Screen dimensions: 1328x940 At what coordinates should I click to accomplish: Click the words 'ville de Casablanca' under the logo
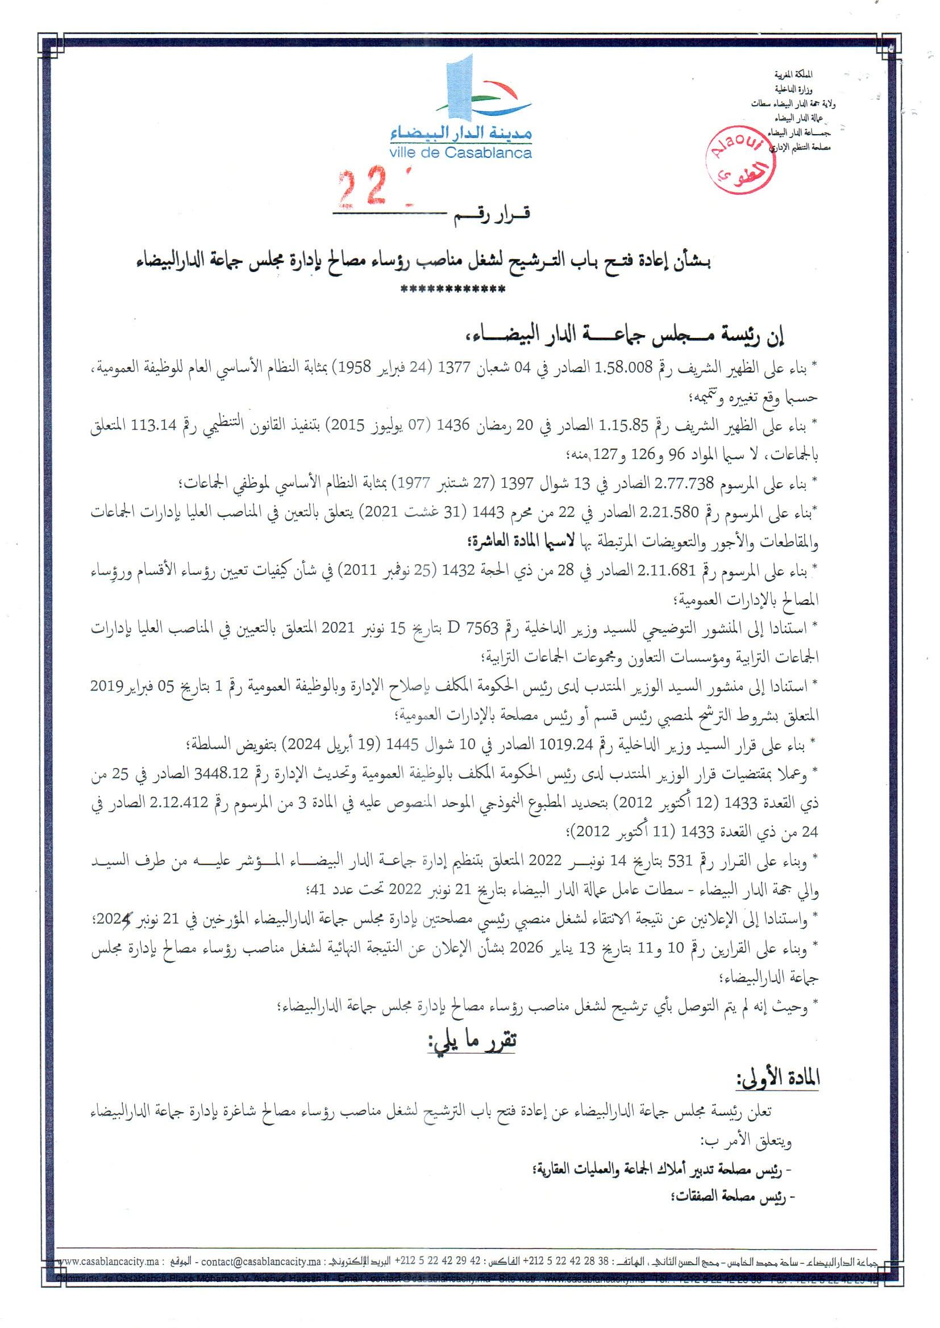click(x=461, y=153)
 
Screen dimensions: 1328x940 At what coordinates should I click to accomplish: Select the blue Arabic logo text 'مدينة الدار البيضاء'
click(x=461, y=134)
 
